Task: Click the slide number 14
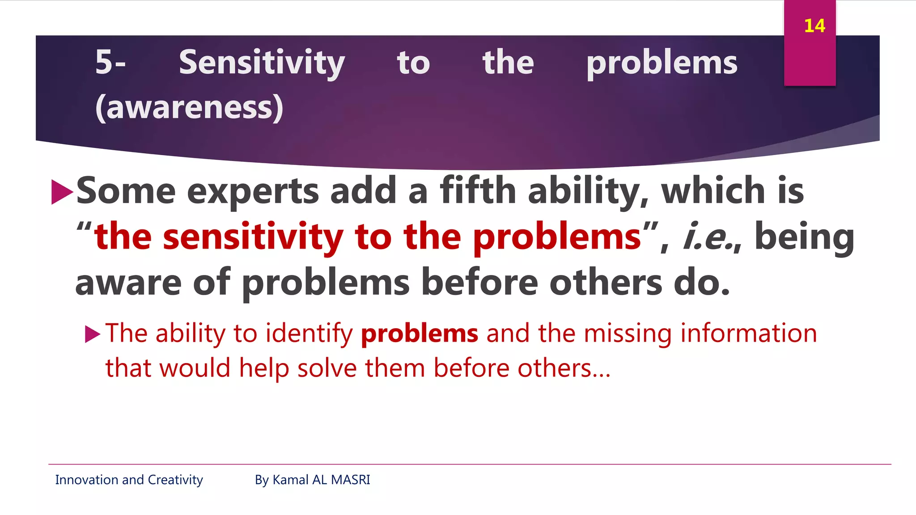814,26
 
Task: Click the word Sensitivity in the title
262,63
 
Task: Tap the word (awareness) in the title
189,107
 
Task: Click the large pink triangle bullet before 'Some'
62,192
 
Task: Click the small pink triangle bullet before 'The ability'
93,334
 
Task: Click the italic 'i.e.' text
709,237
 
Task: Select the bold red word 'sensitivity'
253,237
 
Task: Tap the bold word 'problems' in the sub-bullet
420,334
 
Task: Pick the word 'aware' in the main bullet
128,283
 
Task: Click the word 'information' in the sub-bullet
748,333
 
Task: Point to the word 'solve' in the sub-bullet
327,368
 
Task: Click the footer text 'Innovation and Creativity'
129,480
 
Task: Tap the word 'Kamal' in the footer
290,480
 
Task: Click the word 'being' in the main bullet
804,237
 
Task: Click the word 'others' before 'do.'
606,283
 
